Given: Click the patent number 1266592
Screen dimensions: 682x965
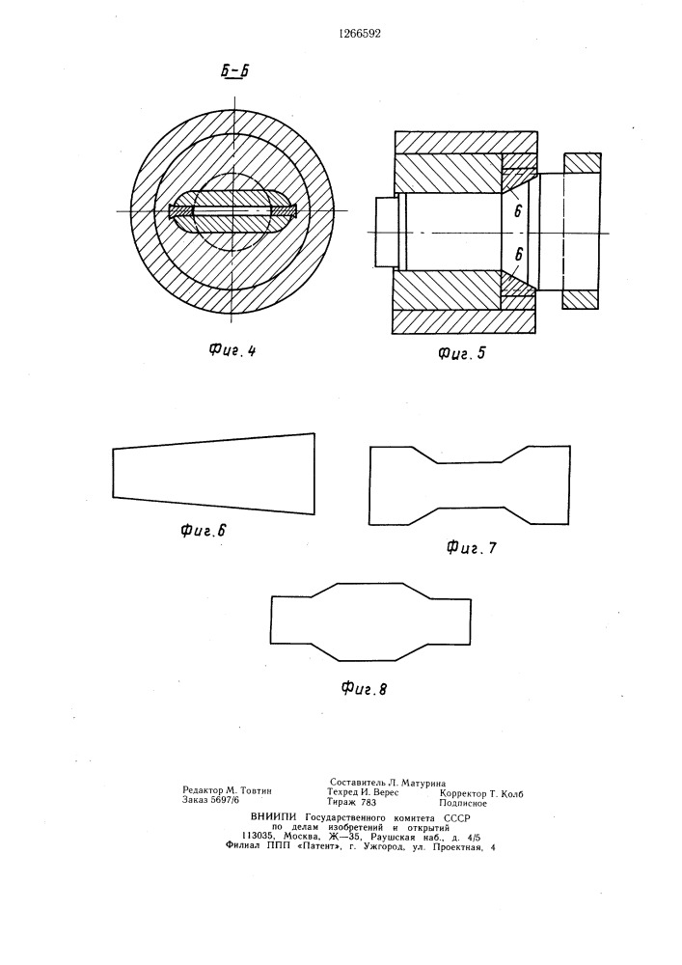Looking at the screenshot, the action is tap(360, 34).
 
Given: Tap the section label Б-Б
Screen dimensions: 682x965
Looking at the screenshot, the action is tap(235, 72).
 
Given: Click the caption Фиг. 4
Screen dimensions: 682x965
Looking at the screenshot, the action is tap(232, 351).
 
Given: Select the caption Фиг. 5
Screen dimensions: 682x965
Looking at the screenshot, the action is tap(461, 353).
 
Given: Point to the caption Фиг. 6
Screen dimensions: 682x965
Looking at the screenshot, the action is tap(204, 530).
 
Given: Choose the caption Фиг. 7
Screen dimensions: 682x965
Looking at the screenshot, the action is tap(471, 546).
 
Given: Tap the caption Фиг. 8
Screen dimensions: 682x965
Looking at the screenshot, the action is tap(364, 688).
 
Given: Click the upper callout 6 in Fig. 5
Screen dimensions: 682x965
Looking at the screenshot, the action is tap(518, 211).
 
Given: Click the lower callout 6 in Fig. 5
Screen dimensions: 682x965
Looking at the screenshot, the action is tap(518, 255).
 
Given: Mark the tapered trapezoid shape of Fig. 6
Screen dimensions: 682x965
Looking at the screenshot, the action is tap(213, 473).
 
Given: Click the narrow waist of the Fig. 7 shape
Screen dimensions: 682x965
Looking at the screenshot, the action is tap(470, 485).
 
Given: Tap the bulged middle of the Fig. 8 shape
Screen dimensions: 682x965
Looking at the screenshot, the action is tap(370, 620).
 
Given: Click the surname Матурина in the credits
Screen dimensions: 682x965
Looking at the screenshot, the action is tap(423, 783).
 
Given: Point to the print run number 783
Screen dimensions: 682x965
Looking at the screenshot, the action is tap(368, 802).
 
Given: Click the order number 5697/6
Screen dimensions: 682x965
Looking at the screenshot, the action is tap(225, 799).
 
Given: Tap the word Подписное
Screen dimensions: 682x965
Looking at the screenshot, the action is tap(463, 803).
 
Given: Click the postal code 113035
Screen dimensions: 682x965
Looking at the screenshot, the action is tap(259, 837).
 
